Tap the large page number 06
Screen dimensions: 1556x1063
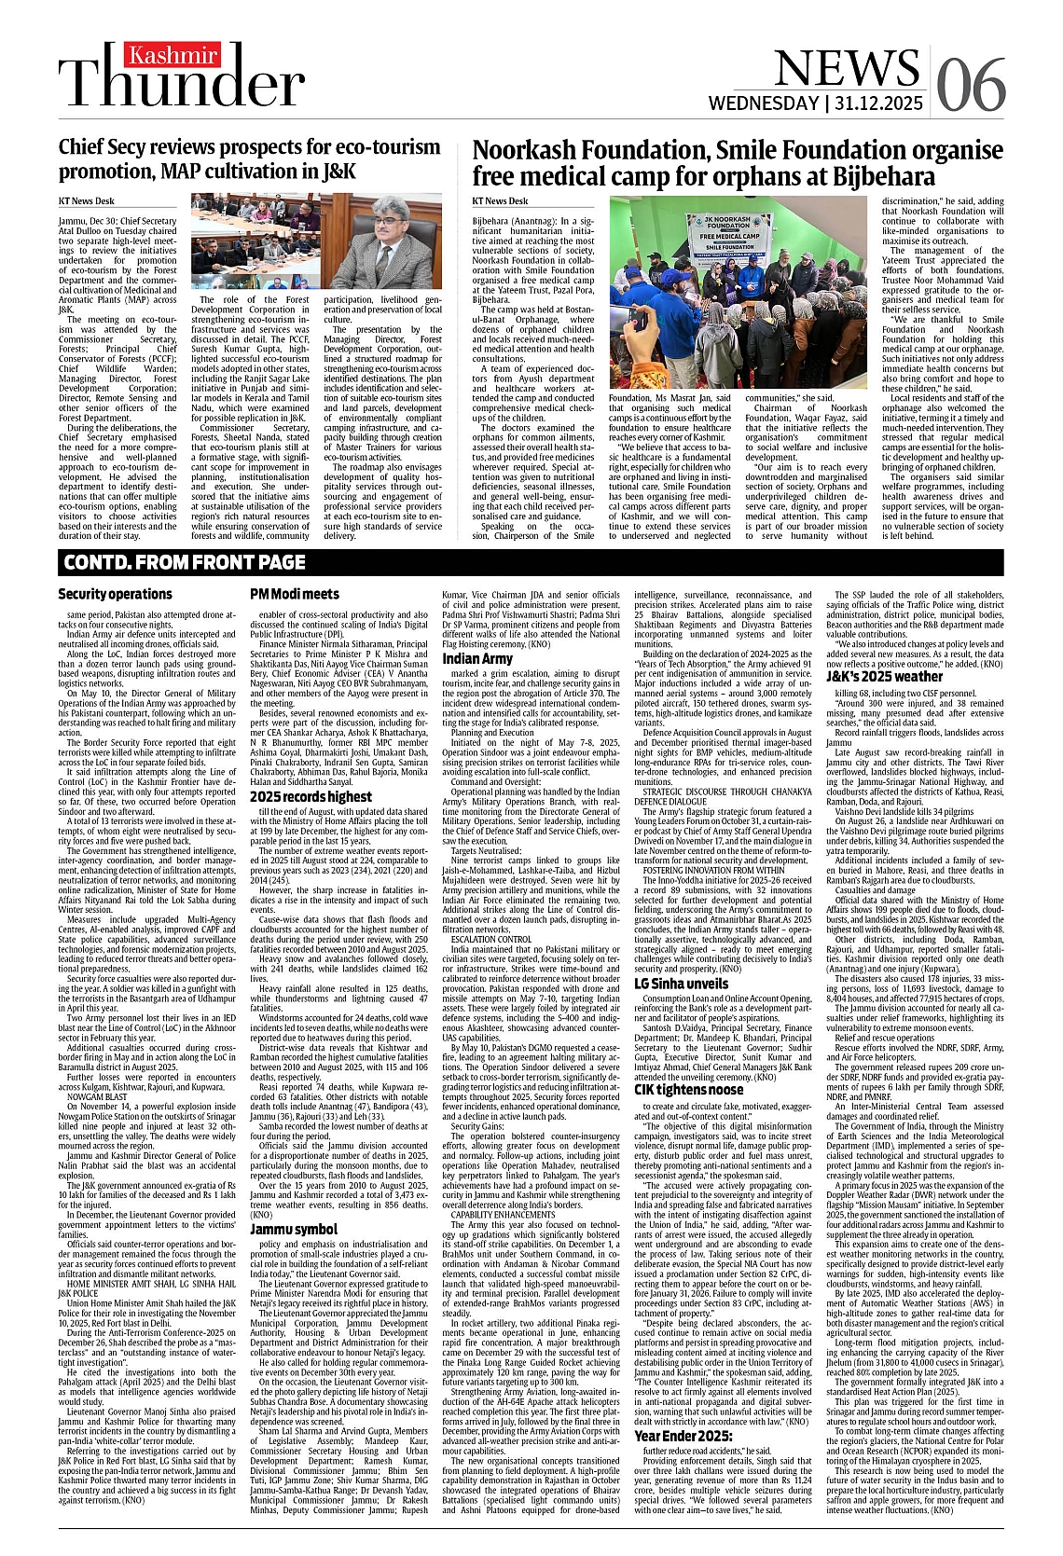(x=971, y=84)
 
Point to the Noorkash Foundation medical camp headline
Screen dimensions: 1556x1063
(x=725, y=163)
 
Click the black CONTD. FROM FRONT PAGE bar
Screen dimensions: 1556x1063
(x=531, y=562)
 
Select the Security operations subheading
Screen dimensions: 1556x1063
(x=115, y=594)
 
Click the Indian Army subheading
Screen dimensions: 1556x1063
(x=477, y=658)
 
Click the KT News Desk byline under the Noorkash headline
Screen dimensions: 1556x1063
(x=500, y=200)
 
